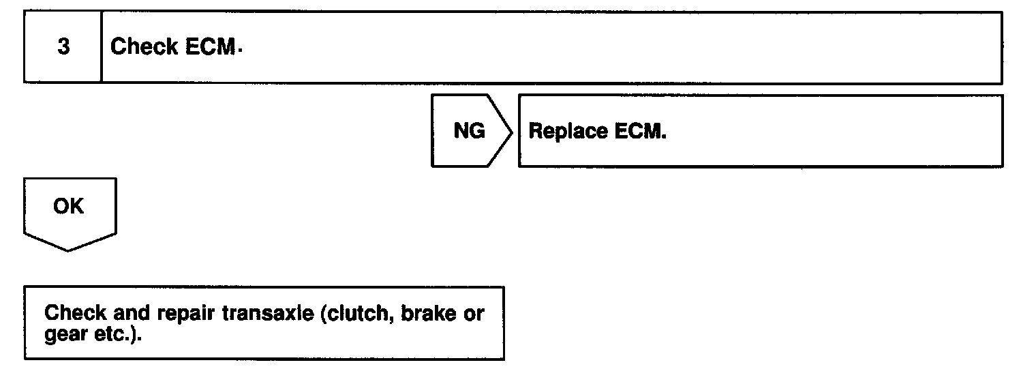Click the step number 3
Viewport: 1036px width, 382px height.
[63, 48]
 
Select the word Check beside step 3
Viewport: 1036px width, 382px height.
[136, 47]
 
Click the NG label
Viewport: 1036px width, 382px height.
[469, 131]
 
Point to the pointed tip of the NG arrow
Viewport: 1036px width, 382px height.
[512, 131]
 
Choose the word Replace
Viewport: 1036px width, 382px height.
[568, 131]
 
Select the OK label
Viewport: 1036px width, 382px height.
[68, 207]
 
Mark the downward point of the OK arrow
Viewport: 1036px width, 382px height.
[68, 250]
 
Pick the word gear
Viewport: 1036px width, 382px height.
[63, 336]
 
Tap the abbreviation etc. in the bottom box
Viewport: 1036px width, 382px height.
[112, 335]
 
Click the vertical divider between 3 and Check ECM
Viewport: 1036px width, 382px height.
[102, 48]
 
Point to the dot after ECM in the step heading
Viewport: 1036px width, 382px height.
[241, 50]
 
